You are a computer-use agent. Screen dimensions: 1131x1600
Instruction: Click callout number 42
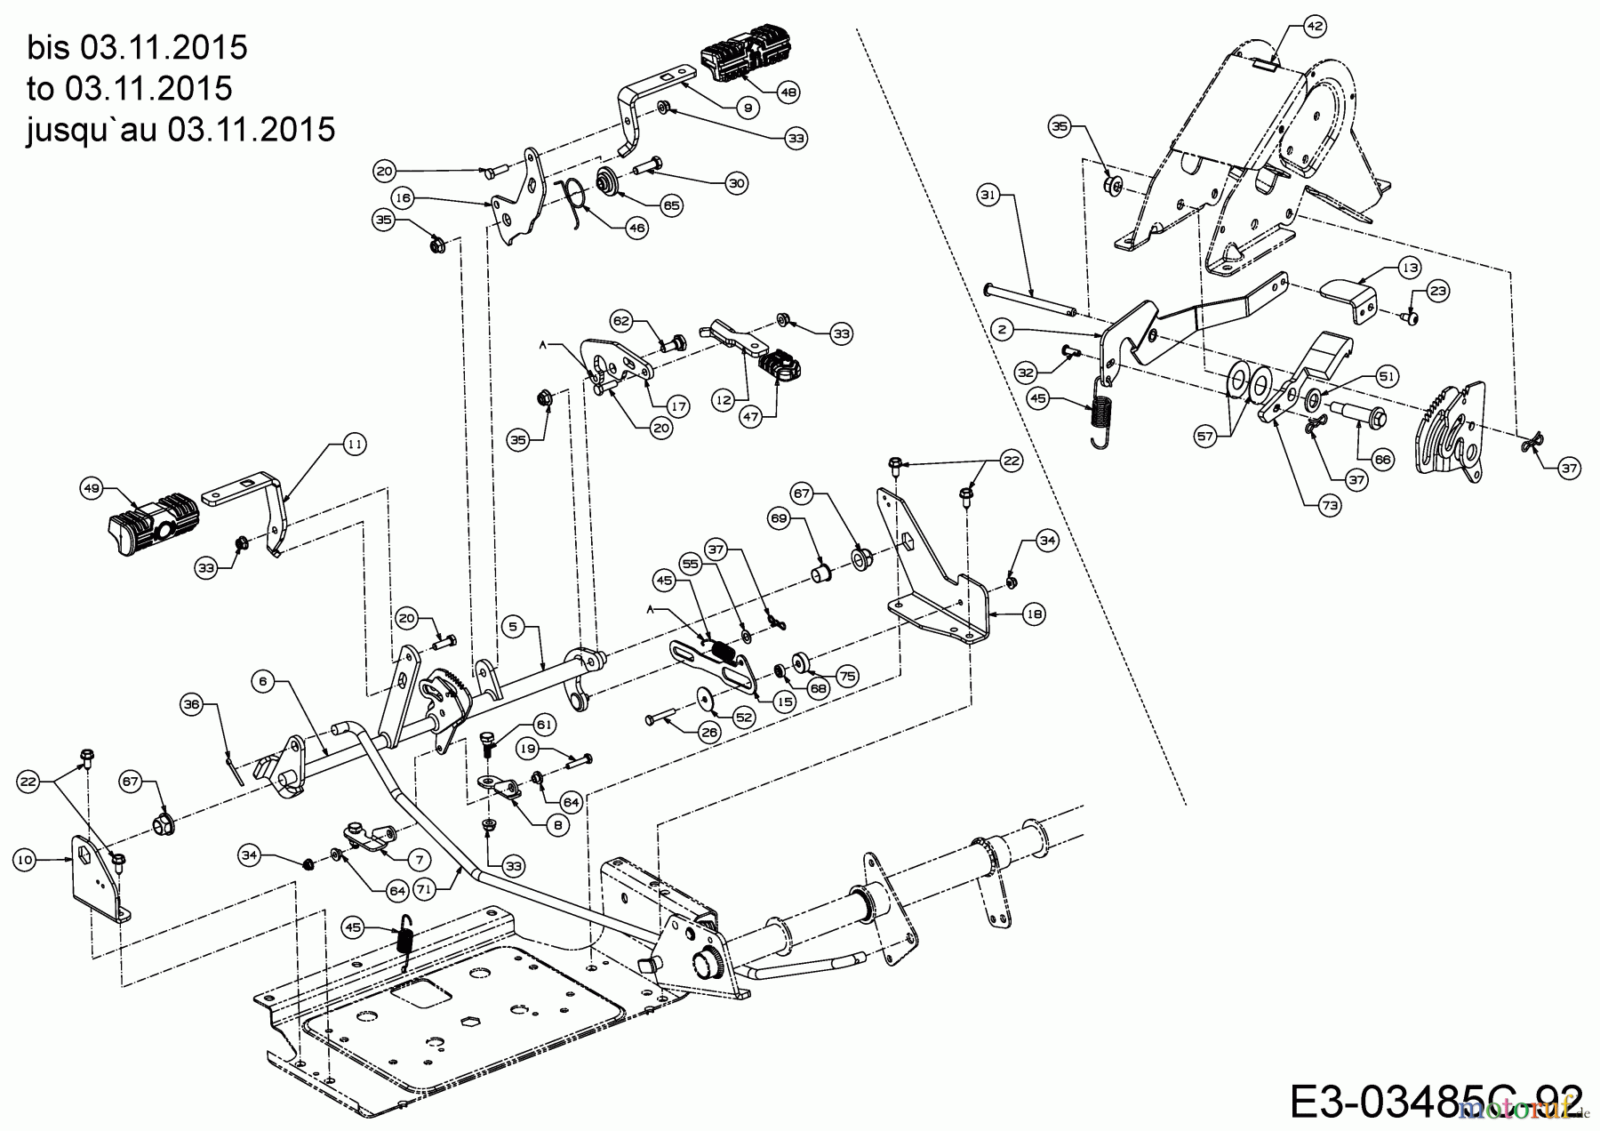coord(1315,27)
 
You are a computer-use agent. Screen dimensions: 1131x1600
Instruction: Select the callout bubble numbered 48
coord(788,90)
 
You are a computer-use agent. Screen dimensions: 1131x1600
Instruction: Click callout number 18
coord(1034,614)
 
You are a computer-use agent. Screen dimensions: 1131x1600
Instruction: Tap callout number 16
coord(403,197)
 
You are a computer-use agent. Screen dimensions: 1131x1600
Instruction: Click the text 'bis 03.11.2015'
coord(137,47)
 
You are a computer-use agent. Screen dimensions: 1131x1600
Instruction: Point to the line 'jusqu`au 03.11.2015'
coord(180,129)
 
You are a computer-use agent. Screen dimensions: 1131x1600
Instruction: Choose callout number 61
coord(544,726)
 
